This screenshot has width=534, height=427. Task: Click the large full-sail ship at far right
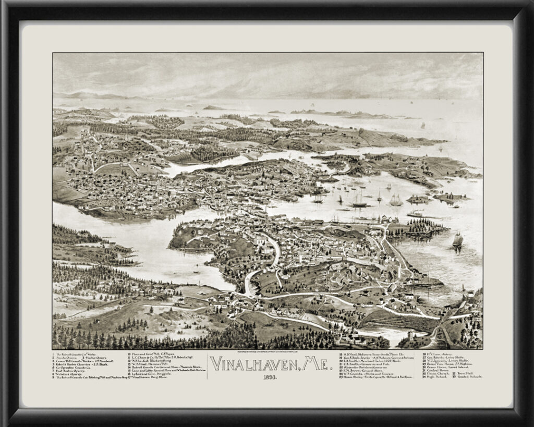click(x=457, y=240)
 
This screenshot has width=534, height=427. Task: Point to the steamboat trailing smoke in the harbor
click(x=416, y=213)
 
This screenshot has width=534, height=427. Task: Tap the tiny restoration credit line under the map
click(x=267, y=351)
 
